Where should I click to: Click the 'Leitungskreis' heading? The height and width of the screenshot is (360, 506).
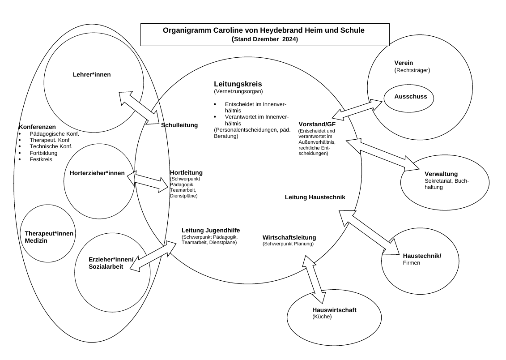coord(238,84)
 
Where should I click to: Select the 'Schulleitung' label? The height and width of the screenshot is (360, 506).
coord(179,125)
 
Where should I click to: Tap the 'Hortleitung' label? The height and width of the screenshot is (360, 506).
coord(186,173)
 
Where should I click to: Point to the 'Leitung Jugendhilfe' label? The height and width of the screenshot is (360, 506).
coord(211,230)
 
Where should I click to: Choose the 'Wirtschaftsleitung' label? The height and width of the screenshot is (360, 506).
coord(289,237)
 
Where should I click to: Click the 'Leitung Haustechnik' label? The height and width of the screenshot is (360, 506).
coord(315,197)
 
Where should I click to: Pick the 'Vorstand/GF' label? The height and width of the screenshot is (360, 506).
coord(317,124)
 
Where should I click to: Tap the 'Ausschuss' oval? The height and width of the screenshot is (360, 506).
coord(408,98)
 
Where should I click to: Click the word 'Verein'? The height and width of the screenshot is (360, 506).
coord(404,63)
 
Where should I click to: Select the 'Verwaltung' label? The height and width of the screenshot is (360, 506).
coord(441,174)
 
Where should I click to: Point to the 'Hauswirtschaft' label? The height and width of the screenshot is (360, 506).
coord(334,310)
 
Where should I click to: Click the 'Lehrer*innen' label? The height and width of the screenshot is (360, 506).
coord(92,75)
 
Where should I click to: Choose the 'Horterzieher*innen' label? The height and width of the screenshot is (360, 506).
coord(97,173)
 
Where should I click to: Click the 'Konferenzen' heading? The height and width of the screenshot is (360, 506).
coord(37,127)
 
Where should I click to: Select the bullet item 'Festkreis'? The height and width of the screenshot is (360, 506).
coord(41,159)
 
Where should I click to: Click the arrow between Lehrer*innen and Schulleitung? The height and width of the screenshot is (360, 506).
coord(139,108)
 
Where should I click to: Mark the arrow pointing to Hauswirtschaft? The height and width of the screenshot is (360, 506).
coord(315,275)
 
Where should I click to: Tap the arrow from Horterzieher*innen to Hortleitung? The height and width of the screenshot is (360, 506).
coord(148,181)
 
